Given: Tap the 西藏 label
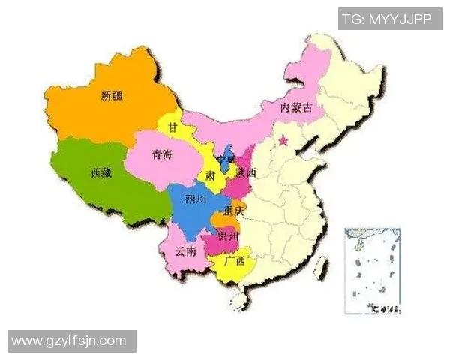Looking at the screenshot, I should point(101,173).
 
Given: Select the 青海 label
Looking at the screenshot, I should point(160,155).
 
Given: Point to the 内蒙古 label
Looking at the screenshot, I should point(296,109).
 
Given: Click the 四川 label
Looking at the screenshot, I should point(196,202).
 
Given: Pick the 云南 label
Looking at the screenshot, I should point(185,252).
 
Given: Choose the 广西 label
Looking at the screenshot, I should point(235,262).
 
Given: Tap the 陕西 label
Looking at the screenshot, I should point(245,173).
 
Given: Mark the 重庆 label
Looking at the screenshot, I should point(233,212).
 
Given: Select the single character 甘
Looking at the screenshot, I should point(173,129).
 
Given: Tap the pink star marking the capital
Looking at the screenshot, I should point(283,140).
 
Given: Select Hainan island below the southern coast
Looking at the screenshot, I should point(239,301).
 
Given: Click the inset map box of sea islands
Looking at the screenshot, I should point(372,271).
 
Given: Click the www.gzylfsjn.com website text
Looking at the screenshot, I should point(69,341).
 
